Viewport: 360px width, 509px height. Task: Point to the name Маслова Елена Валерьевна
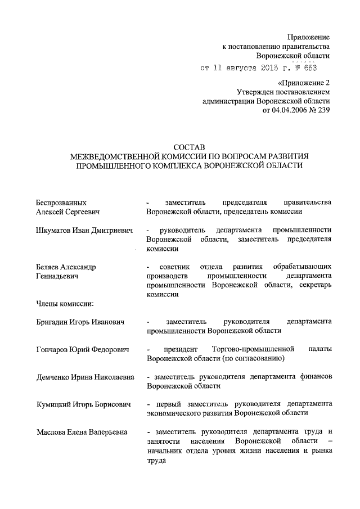coord(81,432)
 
